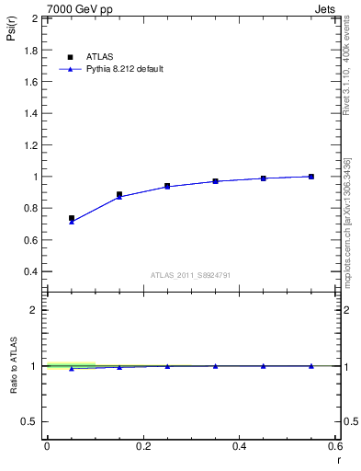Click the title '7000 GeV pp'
(x=74, y=8)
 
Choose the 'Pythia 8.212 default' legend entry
(x=120, y=69)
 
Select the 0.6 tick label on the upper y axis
(x=31, y=240)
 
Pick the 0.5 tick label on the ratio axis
(x=31, y=421)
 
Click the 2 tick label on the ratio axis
(x=35, y=310)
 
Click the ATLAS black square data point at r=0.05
(x=72, y=218)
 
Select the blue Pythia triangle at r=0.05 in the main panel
(x=72, y=222)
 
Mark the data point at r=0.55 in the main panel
(x=311, y=177)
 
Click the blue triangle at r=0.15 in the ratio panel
(x=119, y=367)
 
